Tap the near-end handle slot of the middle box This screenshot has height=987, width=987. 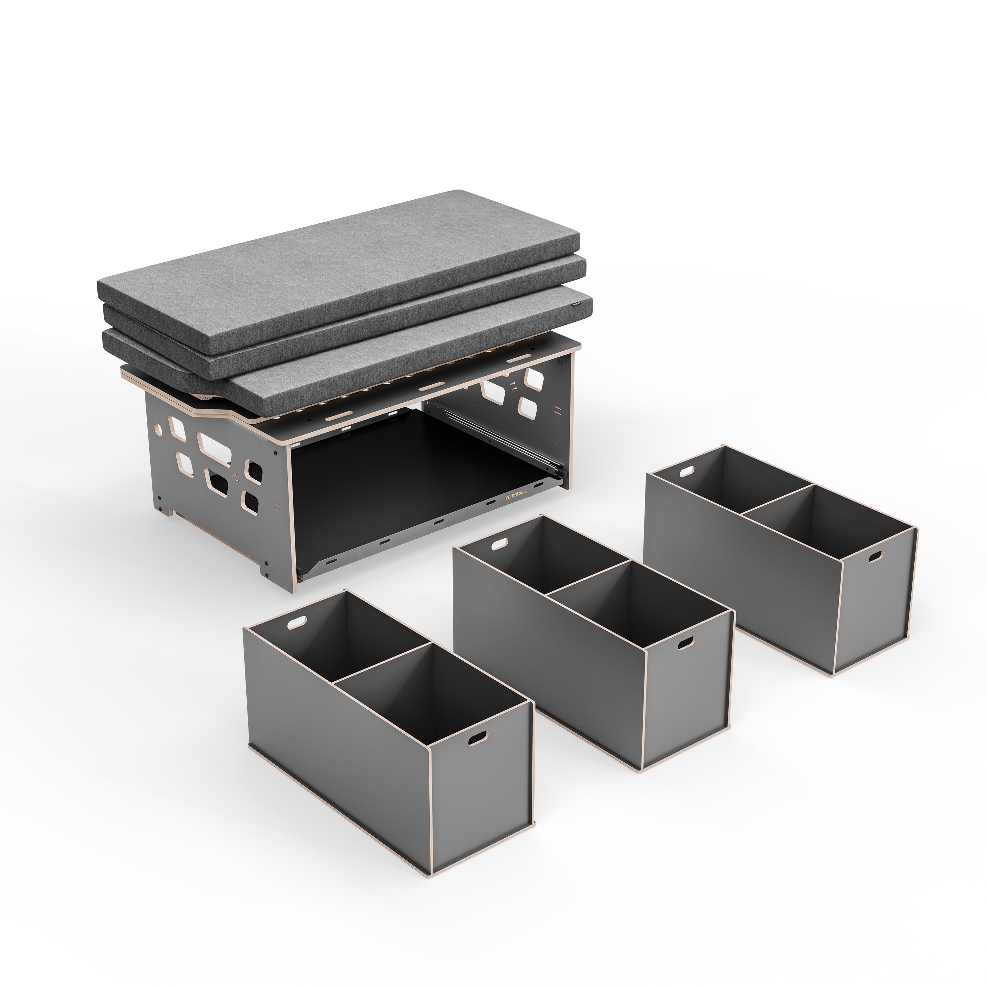[686, 642]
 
